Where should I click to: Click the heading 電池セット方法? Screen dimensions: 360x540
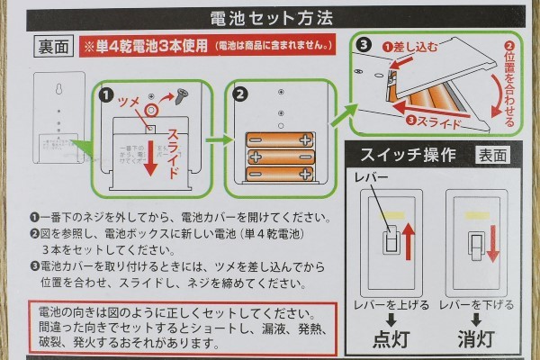coord(270,16)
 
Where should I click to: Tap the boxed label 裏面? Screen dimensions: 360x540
coord(50,45)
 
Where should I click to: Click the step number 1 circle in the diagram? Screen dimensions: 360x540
coord(105,92)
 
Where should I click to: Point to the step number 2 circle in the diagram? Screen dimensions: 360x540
coord(240,92)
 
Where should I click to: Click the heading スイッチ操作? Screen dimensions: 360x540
coord(401,153)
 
